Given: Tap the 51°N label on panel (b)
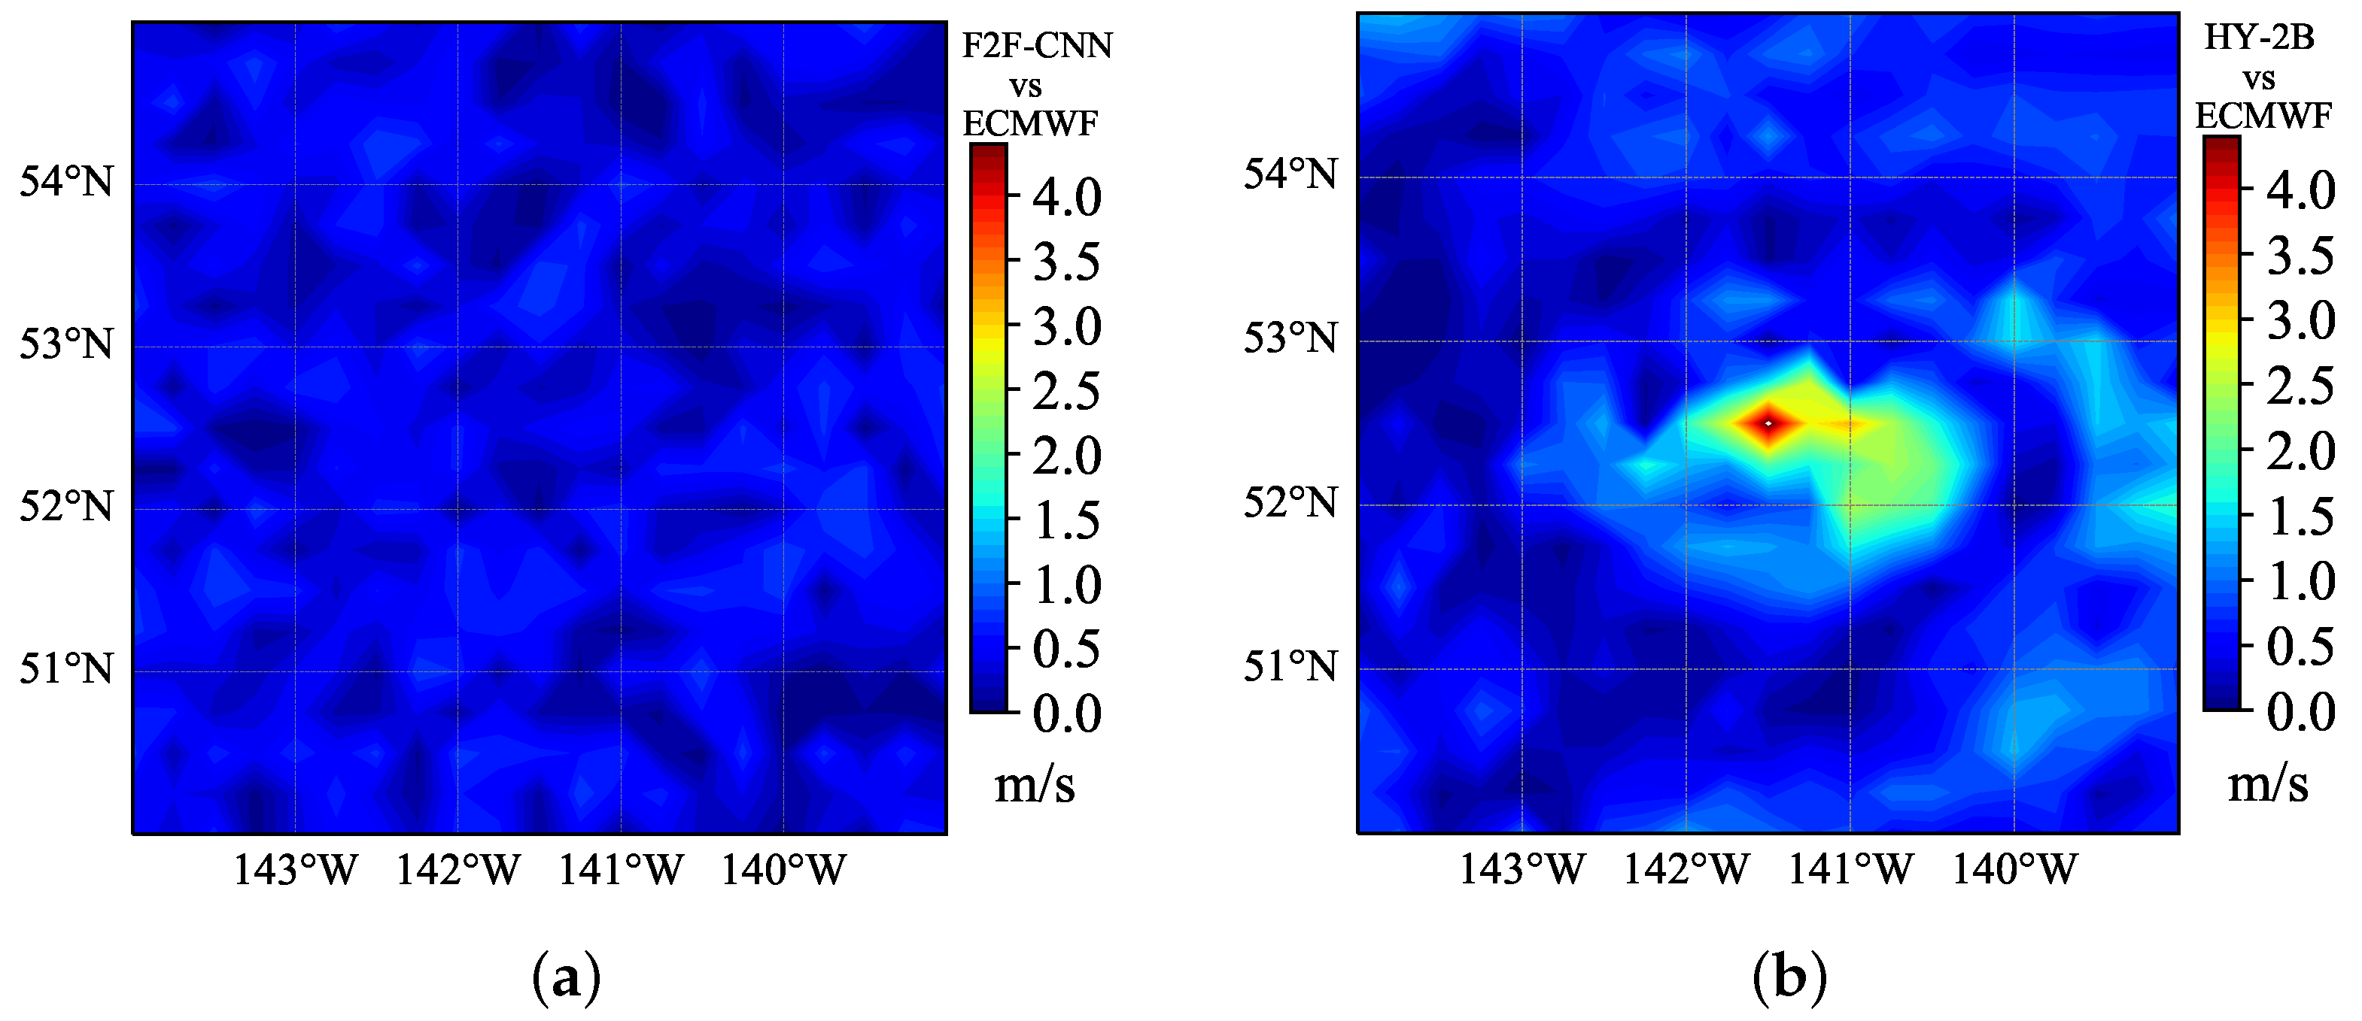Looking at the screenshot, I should coord(1290,666).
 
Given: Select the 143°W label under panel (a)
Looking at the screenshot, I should coord(295,870).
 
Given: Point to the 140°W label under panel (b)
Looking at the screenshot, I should coord(2014,869).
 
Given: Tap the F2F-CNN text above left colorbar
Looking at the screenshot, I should coord(1036,46).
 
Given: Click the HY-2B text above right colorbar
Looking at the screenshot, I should coord(2258,38).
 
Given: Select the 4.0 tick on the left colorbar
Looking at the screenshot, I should coord(1066,197).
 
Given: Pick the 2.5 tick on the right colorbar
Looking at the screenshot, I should coord(2300,385).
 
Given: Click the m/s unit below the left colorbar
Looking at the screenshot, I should coord(1035,786).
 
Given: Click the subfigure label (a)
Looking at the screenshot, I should coord(567,979).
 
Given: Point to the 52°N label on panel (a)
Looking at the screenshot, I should coord(66,507).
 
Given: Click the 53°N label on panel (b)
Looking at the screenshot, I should coord(1290,339).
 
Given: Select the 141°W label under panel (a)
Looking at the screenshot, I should coord(621,870).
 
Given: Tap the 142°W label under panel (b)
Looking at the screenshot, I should coord(1686,869).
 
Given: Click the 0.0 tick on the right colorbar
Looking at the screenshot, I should coord(2300,711).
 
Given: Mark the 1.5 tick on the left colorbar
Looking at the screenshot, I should coord(1066,520).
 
